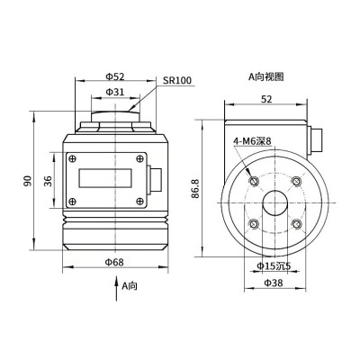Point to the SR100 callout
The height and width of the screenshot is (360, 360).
[x=178, y=81]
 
